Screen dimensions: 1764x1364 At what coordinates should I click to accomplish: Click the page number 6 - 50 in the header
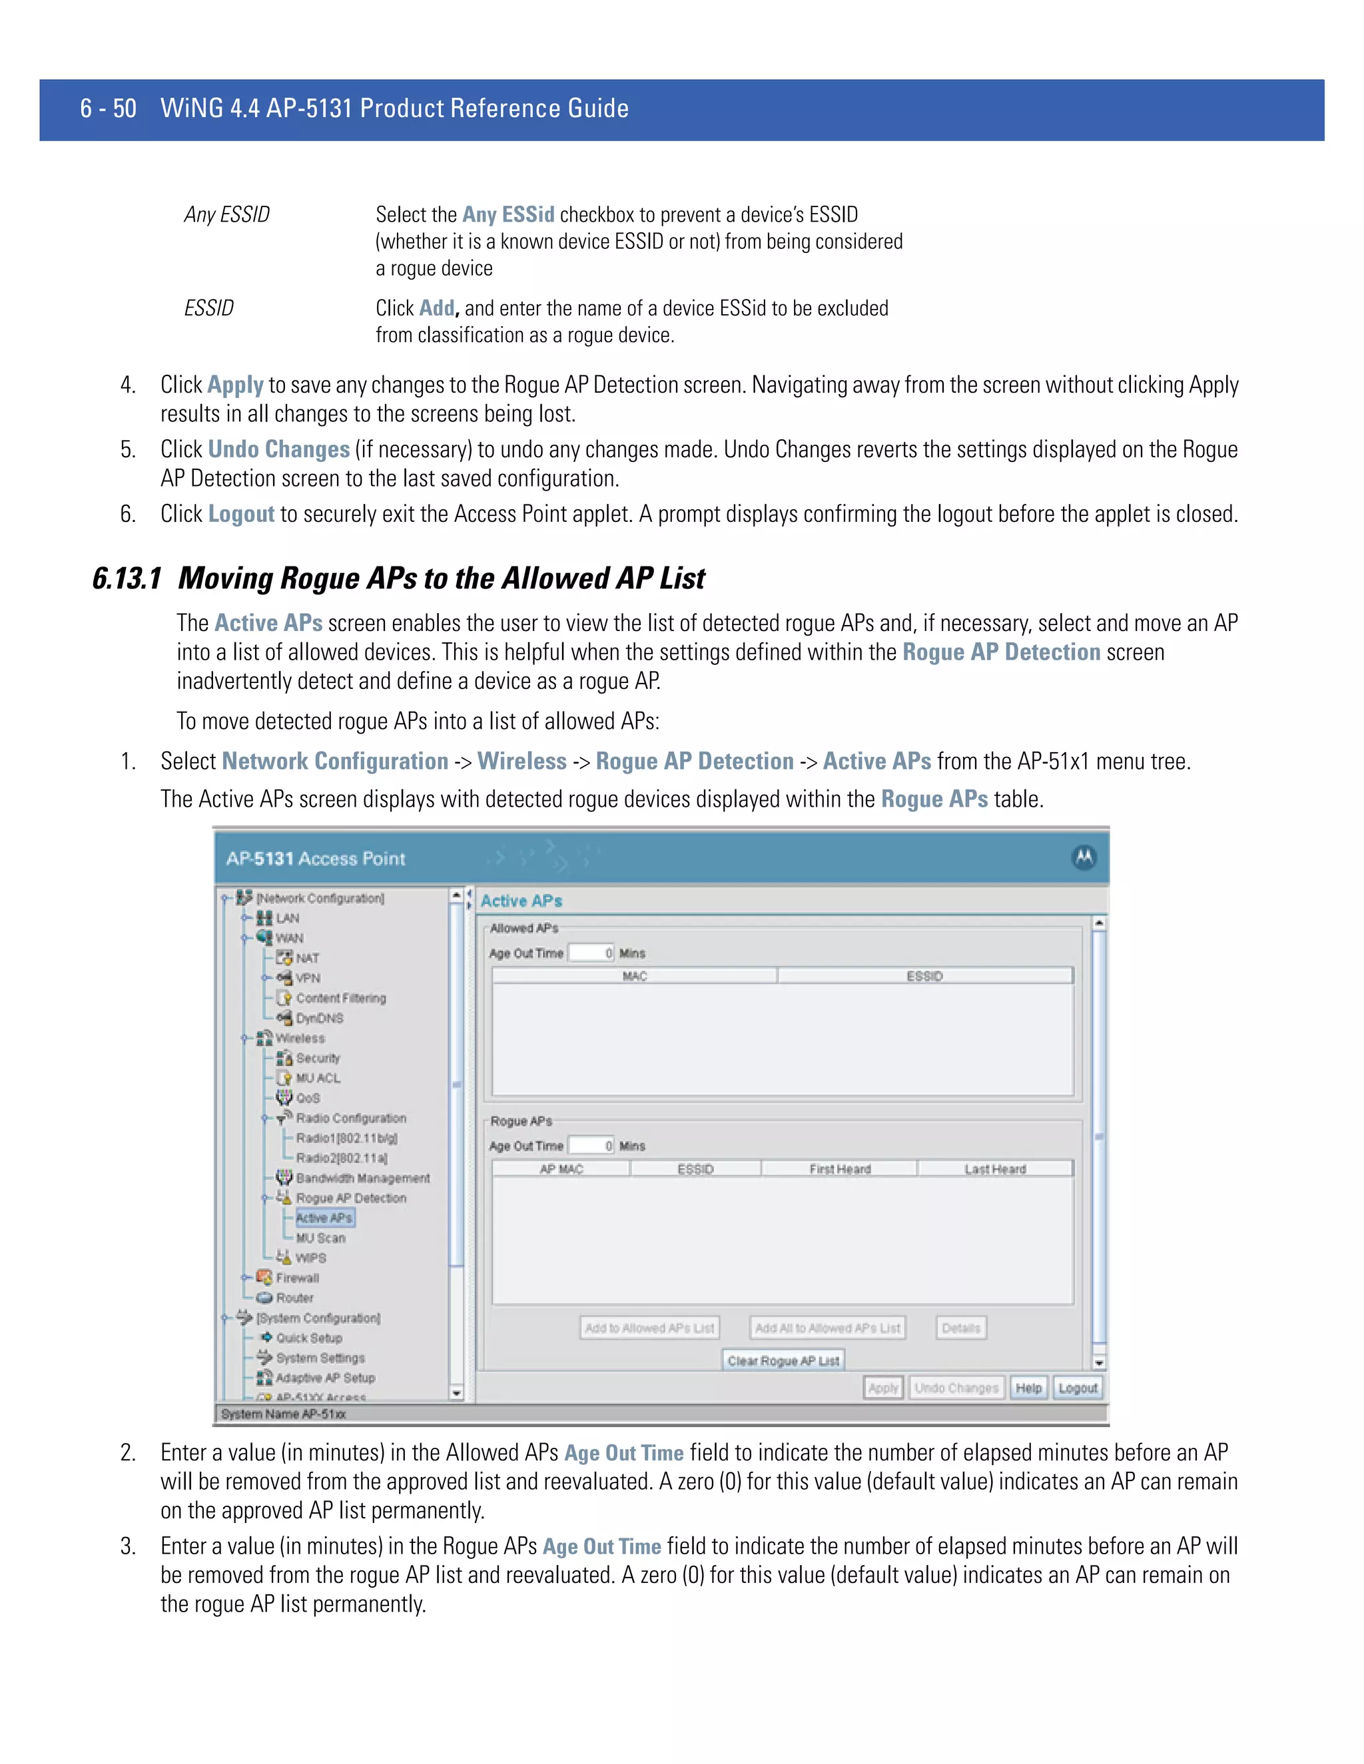pyautogui.click(x=109, y=109)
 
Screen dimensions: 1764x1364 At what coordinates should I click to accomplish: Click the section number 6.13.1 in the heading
pyautogui.click(x=127, y=578)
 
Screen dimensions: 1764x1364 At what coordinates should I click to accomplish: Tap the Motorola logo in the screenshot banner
pyautogui.click(x=1084, y=858)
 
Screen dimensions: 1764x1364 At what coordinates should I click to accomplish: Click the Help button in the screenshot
pyautogui.click(x=1028, y=1388)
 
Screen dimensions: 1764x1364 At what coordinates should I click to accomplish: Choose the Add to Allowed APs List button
pyautogui.click(x=649, y=1328)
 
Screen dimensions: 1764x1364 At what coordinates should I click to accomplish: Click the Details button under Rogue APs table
pyautogui.click(x=961, y=1328)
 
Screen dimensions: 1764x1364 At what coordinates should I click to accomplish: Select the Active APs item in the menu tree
pyautogui.click(x=324, y=1218)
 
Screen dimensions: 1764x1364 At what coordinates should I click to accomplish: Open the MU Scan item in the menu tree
pyautogui.click(x=320, y=1238)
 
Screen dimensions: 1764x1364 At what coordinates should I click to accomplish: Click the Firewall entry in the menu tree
pyautogui.click(x=297, y=1278)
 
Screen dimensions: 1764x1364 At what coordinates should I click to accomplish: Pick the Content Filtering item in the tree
pyautogui.click(x=340, y=998)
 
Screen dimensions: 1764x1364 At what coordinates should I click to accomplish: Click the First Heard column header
pyautogui.click(x=840, y=1169)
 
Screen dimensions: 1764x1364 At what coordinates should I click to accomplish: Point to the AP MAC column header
pyautogui.click(x=561, y=1169)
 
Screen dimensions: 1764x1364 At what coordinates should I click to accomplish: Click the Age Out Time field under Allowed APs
pyautogui.click(x=591, y=953)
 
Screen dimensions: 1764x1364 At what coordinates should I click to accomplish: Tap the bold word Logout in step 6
pyautogui.click(x=241, y=515)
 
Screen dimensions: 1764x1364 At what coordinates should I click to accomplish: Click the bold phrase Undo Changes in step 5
pyautogui.click(x=278, y=450)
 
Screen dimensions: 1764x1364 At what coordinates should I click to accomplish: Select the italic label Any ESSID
pyautogui.click(x=226, y=215)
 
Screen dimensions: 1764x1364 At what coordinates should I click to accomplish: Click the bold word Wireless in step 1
pyautogui.click(x=522, y=762)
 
